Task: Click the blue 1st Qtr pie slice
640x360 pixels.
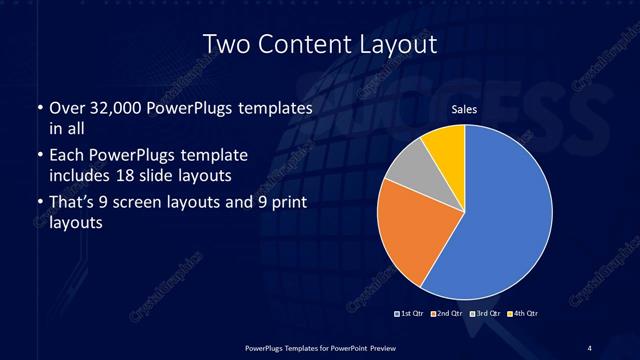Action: [505, 215]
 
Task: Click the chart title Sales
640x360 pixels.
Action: [463, 109]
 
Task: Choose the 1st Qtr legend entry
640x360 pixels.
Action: [411, 314]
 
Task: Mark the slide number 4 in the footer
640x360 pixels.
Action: [589, 347]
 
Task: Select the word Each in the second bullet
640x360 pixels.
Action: [64, 157]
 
